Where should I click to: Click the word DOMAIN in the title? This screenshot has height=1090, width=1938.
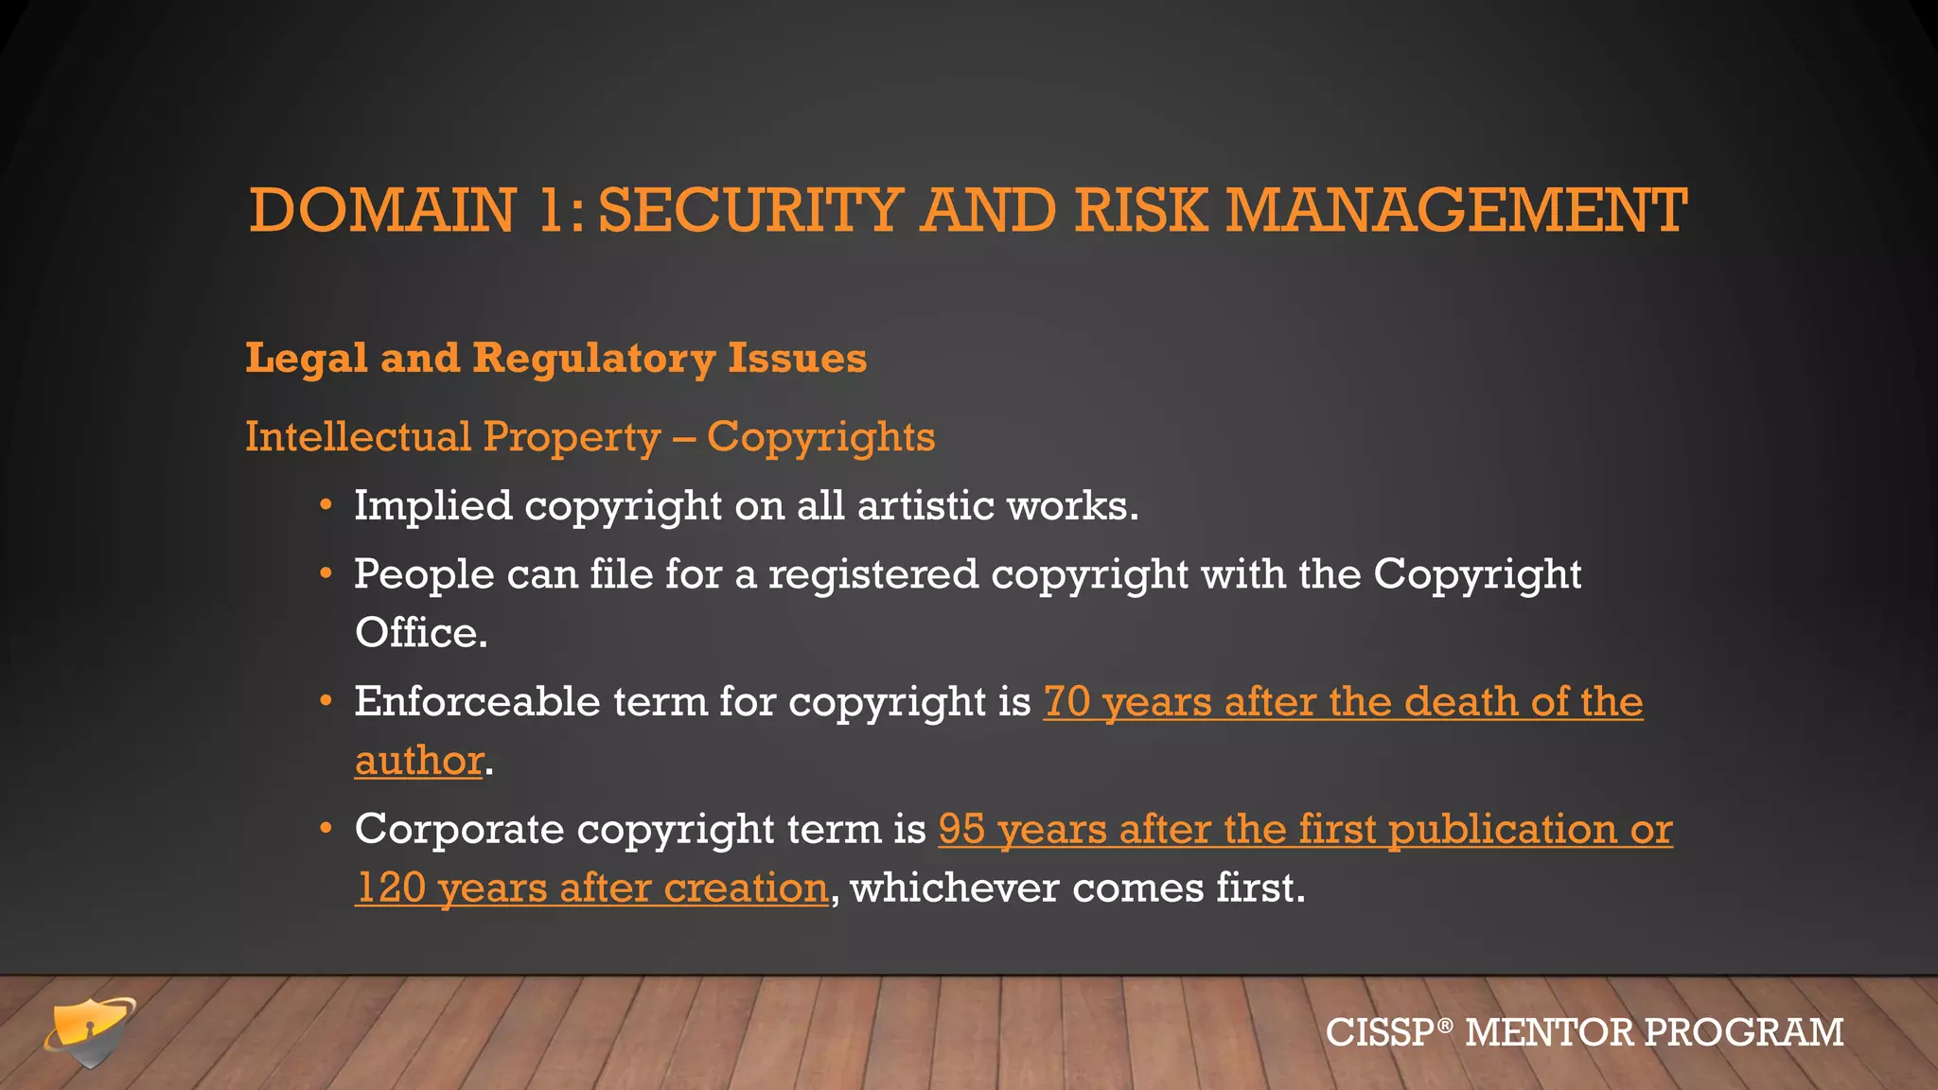pyautogui.click(x=382, y=210)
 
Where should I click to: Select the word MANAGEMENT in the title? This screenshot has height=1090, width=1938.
pyautogui.click(x=1456, y=210)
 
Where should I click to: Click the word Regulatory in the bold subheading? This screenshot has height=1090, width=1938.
pyautogui.click(x=593, y=359)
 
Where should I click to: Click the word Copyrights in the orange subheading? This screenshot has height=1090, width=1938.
pyautogui.click(x=820, y=437)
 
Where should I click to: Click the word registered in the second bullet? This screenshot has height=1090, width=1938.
pyautogui.click(x=872, y=574)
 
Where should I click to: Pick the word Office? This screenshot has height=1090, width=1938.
pyautogui.click(x=420, y=633)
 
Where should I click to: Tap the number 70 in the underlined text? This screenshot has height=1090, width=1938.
pyautogui.click(x=1066, y=702)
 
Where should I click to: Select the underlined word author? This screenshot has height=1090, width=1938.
pyautogui.click(x=419, y=761)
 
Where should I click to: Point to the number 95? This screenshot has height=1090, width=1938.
pyautogui.click(x=961, y=830)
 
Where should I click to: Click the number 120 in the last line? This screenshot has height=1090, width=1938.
pyautogui.click(x=391, y=888)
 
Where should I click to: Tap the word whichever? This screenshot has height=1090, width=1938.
pyautogui.click(x=955, y=888)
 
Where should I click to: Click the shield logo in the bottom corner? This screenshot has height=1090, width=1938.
pyautogui.click(x=90, y=1031)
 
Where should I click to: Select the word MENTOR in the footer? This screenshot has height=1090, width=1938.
pyautogui.click(x=1548, y=1032)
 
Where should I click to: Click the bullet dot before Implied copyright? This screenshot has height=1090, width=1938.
pyautogui.click(x=326, y=505)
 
